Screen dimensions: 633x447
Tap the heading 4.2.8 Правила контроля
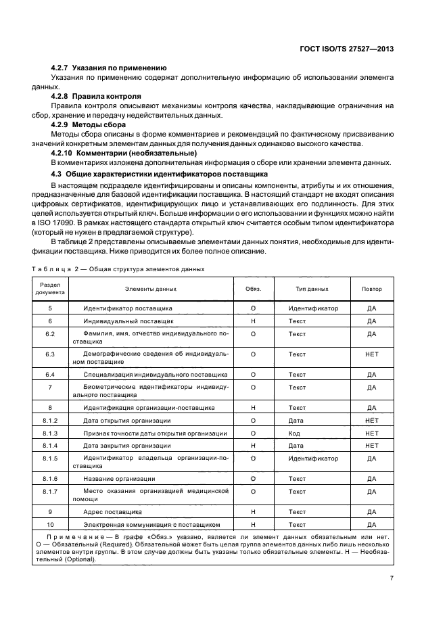pos(96,96)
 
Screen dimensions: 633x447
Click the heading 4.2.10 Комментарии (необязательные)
pos(124,153)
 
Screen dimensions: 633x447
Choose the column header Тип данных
pos(312,289)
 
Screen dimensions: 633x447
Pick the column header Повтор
pos(371,289)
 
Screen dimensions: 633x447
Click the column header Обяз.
pos(252,289)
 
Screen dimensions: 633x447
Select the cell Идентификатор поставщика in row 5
pos(127,308)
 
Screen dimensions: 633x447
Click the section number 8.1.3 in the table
pos(49,433)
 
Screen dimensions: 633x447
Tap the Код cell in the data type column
pos(294,433)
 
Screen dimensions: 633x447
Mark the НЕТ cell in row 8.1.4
pos(371,446)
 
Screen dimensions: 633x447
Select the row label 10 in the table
pos(49,524)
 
